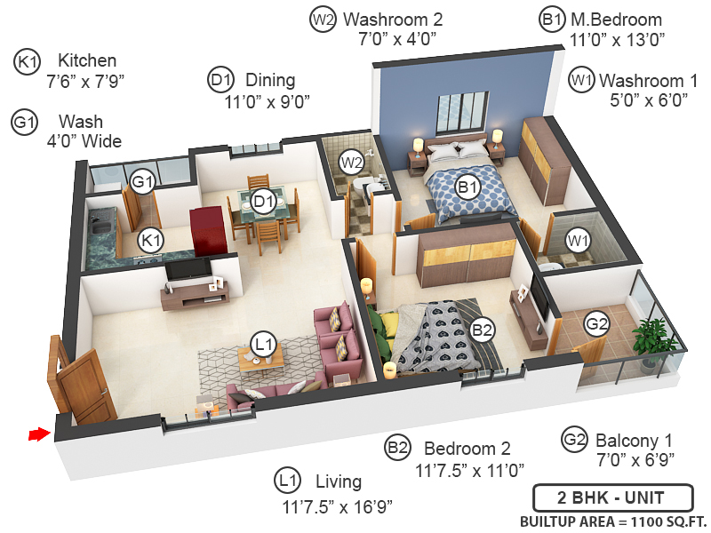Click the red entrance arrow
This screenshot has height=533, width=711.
coord(37,434)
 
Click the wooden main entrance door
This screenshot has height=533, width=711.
coord(87,385)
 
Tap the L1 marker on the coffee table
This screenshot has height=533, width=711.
coord(262,344)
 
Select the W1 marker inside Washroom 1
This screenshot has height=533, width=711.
coord(579,240)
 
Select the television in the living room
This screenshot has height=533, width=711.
coord(188,268)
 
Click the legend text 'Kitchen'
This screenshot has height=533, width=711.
coord(87,60)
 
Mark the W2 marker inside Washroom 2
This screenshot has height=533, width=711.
coord(352,163)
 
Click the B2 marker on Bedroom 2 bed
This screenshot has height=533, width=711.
coord(483,330)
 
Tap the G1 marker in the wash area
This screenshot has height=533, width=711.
coord(142,183)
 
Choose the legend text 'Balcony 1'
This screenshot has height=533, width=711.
coord(634,440)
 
